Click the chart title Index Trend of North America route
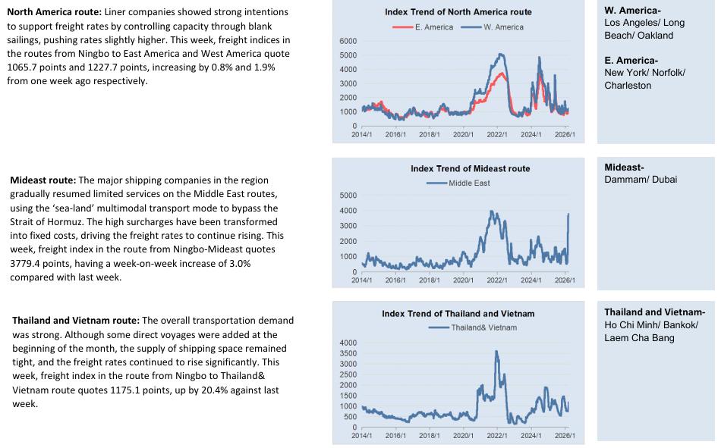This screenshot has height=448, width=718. (x=458, y=12)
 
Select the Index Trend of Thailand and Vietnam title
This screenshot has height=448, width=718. (x=458, y=313)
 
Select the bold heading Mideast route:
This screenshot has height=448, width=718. (x=43, y=180)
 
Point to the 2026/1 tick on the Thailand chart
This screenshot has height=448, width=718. (x=564, y=436)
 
